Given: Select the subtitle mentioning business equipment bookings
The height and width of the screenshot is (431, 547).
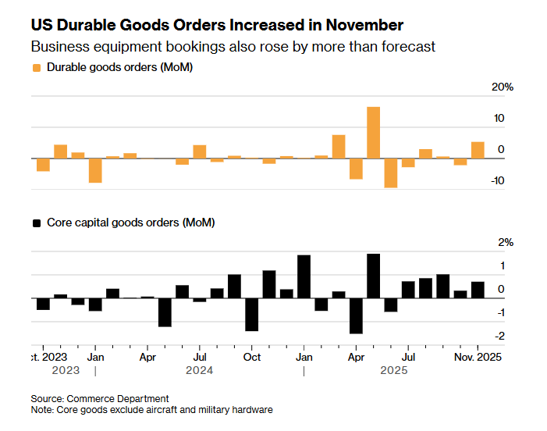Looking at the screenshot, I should [233, 47].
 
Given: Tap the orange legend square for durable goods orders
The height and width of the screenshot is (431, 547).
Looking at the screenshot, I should [36, 68].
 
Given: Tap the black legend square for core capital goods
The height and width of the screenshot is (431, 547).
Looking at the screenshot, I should [36, 223].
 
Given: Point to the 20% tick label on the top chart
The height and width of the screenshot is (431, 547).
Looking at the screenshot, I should [503, 87].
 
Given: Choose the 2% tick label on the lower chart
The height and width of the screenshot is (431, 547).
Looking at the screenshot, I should [506, 243].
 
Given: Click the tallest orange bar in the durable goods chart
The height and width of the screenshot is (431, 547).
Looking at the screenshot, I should [373, 133].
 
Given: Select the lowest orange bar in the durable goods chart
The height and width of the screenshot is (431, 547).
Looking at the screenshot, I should [390, 173].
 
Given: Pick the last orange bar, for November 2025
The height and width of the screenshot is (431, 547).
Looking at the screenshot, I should [478, 150].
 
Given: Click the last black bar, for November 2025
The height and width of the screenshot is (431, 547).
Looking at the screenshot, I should [478, 290].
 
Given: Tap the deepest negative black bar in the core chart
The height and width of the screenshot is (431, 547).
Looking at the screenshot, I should [356, 315].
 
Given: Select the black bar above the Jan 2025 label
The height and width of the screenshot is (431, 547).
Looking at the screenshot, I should [304, 276].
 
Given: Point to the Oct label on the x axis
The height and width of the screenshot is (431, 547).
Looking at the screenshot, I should [252, 357].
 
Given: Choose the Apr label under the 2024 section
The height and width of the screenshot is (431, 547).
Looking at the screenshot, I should [147, 357].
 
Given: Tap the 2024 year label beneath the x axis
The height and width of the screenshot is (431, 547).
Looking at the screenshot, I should [199, 371].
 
